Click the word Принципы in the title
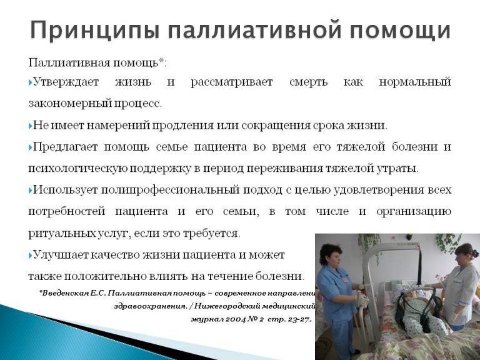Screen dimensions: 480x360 95,30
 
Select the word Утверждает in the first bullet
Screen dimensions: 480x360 66,82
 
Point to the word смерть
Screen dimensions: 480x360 308,82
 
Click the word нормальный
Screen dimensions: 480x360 415,82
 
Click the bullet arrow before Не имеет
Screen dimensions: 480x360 31,126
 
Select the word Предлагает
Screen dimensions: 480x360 65,147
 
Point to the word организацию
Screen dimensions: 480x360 414,212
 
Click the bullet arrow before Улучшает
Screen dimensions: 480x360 31,255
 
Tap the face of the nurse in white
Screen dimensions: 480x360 460,257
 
